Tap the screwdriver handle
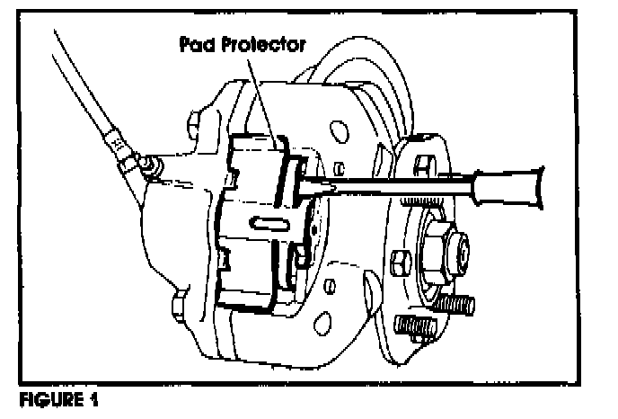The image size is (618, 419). point(531,181)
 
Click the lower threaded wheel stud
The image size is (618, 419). point(416,327)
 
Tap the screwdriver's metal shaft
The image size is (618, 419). point(395,184)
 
